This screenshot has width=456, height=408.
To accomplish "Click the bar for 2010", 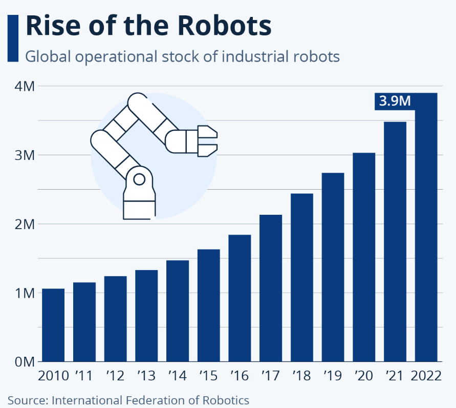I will click(x=53, y=325).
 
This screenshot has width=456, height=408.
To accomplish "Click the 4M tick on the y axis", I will click(x=24, y=86).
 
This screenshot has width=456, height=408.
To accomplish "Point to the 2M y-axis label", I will click(x=24, y=224).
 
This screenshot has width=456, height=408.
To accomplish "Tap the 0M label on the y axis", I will click(x=24, y=362).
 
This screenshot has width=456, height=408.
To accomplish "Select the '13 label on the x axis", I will click(x=146, y=376).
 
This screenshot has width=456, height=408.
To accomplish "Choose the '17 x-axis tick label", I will click(x=271, y=376).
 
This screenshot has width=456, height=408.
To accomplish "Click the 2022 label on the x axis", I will click(x=426, y=376).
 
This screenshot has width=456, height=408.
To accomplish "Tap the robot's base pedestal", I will click(x=139, y=205).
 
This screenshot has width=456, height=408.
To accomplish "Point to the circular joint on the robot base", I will click(x=139, y=179).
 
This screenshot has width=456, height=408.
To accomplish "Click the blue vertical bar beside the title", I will click(x=13, y=38).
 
